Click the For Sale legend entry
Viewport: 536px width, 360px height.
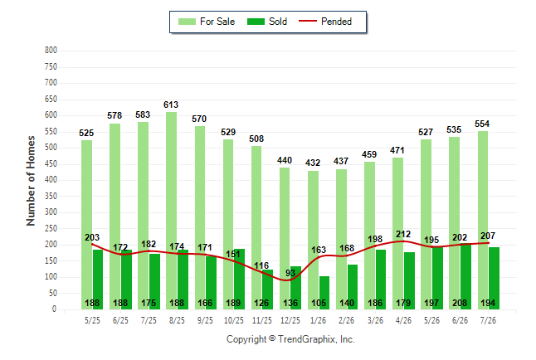pyautogui.click(x=207, y=22)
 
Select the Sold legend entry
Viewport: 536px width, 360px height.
pyautogui.click(x=267, y=22)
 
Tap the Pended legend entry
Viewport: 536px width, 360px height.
pyautogui.click(x=325, y=22)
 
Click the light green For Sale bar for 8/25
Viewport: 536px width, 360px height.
pyautogui.click(x=171, y=211)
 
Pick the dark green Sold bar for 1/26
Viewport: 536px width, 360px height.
pyautogui.click(x=324, y=293)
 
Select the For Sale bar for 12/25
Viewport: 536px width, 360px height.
pyautogui.click(x=285, y=238)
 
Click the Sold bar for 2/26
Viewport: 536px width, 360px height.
pyautogui.click(x=353, y=287)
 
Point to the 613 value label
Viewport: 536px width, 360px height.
pyautogui.click(x=171, y=105)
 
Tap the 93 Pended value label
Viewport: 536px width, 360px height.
pyautogui.click(x=290, y=273)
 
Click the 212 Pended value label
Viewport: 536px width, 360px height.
pyautogui.click(x=403, y=234)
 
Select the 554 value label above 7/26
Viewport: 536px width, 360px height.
pyautogui.click(x=482, y=124)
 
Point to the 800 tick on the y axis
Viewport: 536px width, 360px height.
pyautogui.click(x=51, y=51)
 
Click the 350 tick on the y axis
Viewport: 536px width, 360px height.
pyautogui.click(x=51, y=197)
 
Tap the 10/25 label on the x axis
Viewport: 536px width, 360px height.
pyautogui.click(x=234, y=320)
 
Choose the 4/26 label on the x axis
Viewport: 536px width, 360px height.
pyautogui.click(x=403, y=320)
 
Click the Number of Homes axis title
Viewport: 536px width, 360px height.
pyautogui.click(x=31, y=181)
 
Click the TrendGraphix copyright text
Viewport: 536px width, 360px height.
pyautogui.click(x=290, y=339)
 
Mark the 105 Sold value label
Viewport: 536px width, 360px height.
pyautogui.click(x=319, y=303)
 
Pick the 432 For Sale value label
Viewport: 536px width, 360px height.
pyautogui.click(x=313, y=163)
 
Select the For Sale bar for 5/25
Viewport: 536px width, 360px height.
pyautogui.click(x=87, y=225)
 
